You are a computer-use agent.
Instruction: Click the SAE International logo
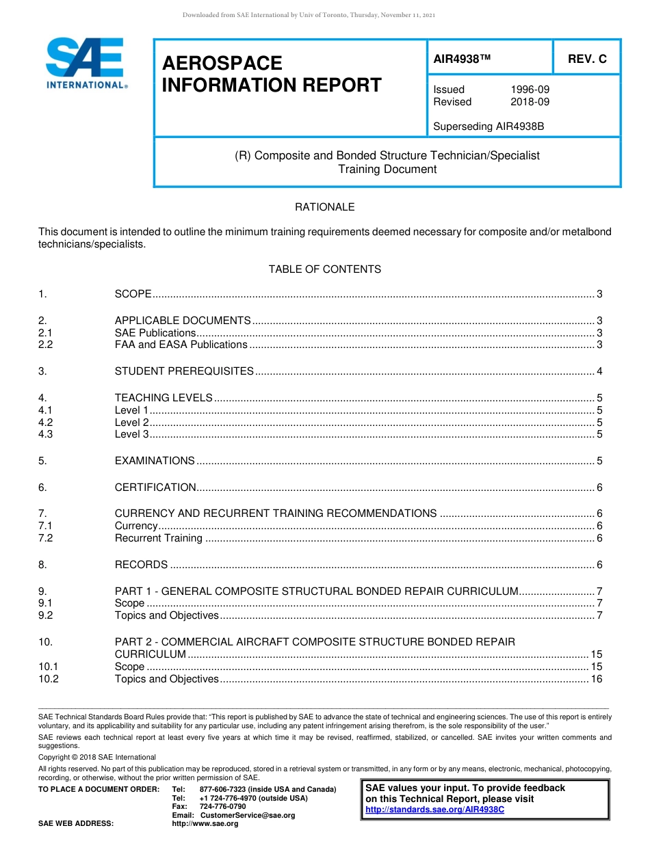point(86,63)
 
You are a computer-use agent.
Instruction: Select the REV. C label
point(587,59)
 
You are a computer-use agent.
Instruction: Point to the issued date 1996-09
point(530,90)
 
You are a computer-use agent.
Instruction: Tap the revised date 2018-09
point(530,102)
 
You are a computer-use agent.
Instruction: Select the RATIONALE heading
point(324,207)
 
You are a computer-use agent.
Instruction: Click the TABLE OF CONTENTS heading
point(324,269)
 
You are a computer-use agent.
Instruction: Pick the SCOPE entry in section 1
point(133,294)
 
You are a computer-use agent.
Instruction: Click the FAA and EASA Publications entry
point(181,345)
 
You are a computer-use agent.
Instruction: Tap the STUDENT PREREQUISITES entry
point(184,371)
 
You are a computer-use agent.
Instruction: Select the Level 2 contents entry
point(131,423)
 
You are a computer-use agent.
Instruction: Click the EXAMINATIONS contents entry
point(155,461)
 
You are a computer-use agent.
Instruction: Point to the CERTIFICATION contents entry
point(155,488)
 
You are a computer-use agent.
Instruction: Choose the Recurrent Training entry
point(158,538)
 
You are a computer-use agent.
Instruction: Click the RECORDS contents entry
point(141,565)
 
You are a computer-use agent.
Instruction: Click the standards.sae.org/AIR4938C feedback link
point(434,810)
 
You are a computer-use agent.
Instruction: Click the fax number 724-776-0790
point(222,807)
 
